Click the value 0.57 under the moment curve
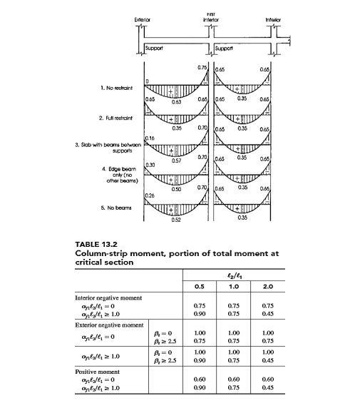pyautogui.click(x=176, y=161)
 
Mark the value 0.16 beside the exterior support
pyautogui.click(x=150, y=136)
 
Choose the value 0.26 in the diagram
pyautogui.click(x=150, y=195)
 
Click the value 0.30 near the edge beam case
pyautogui.click(x=150, y=165)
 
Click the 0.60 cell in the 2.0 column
pyautogui.click(x=267, y=379)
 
